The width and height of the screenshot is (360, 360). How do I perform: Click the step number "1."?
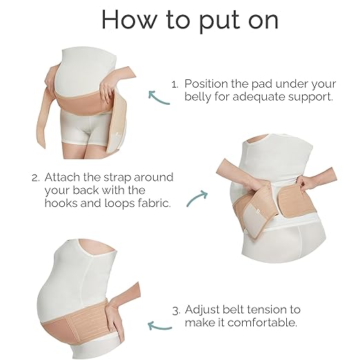click(175, 83)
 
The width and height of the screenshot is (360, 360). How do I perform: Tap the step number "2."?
click(35, 177)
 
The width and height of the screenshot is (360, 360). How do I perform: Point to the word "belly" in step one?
click(201, 97)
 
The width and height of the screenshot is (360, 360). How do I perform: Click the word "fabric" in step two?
click(168, 203)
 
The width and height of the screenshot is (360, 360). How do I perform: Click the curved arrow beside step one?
click(159, 98)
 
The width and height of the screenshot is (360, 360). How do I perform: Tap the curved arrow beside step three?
click(160, 323)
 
